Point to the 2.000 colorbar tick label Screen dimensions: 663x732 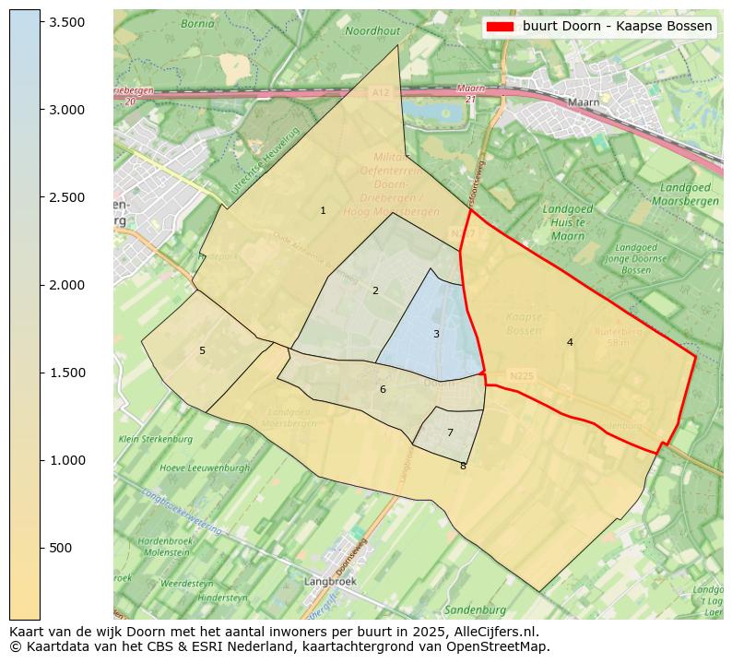pos(66,285)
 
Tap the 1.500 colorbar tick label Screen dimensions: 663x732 pos(66,373)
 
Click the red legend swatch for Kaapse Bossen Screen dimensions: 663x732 pos(500,26)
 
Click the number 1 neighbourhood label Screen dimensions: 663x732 pos(323,210)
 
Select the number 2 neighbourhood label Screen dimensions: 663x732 pos(375,290)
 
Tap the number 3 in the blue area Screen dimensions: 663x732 pos(436,334)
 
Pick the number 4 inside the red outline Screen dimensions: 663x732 pos(570,342)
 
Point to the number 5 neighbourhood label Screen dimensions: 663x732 pos(202,350)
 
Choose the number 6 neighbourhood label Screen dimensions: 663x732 pos(383,389)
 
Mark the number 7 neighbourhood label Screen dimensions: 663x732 pos(450,432)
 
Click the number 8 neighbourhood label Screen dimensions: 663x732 pos(463,466)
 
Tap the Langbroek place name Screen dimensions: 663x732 pos(330,582)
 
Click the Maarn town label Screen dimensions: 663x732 pos(584,102)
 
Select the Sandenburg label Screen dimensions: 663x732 pos(475,610)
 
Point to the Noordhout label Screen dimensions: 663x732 pos(372,30)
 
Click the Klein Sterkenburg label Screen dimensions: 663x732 pos(154,439)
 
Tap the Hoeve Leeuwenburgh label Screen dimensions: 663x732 pos(192,468)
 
